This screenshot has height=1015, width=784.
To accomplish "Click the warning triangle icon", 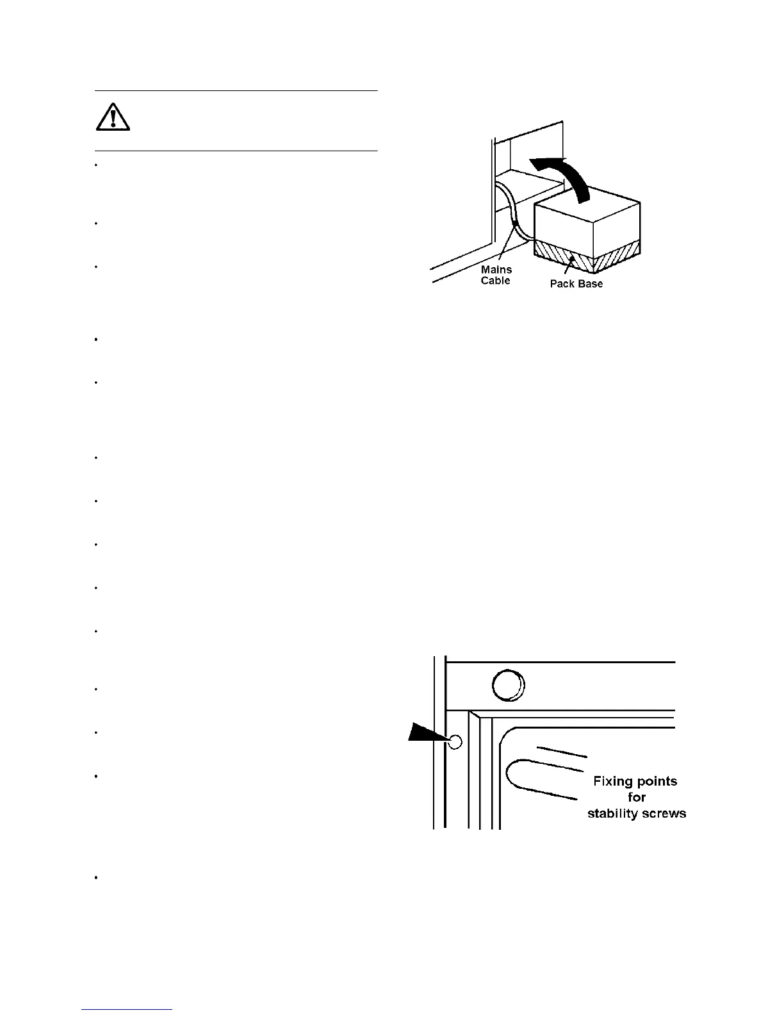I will pos(113,117).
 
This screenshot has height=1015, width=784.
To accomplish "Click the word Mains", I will pos(496,270).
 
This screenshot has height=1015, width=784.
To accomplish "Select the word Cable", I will pos(496,281).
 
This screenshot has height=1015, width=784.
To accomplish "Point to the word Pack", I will pos(562,284).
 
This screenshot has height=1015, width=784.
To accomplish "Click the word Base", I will pos(590,284).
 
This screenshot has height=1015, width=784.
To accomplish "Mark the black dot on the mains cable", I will pos(514,223).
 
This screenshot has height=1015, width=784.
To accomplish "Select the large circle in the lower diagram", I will pos(508,686).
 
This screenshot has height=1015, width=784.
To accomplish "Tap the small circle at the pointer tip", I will pos(455,742).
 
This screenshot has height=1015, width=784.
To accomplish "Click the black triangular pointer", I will pos(428,734).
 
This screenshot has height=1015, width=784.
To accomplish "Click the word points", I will pos(657,781).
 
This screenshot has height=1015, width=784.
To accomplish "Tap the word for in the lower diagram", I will pos(637,797).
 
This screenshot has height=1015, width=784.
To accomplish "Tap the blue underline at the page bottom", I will pos(127,1010).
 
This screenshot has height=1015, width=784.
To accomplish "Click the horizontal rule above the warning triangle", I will pos(236,91).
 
